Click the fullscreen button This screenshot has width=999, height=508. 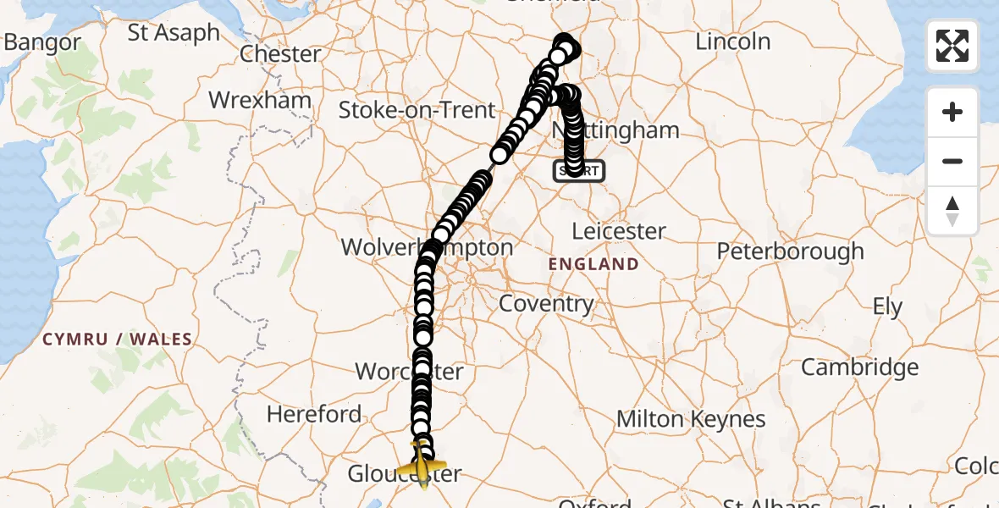(x=952, y=46)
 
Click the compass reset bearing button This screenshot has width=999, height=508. (x=952, y=211)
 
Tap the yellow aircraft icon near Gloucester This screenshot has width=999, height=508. (x=422, y=464)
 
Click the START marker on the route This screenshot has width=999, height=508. (x=579, y=171)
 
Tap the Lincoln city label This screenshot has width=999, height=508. (x=732, y=41)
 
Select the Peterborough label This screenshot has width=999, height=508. (x=790, y=251)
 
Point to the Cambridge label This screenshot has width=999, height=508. (x=859, y=367)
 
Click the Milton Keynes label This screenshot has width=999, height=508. (x=691, y=419)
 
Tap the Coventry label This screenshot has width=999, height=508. (x=546, y=303)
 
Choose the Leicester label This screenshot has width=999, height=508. (x=619, y=231)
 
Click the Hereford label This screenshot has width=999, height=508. (x=314, y=414)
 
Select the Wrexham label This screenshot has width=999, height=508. (x=260, y=100)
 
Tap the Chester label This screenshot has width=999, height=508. (x=280, y=54)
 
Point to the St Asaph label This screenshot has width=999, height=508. (x=174, y=34)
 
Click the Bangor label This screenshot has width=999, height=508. (x=42, y=42)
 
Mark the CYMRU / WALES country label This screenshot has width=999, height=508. (x=118, y=340)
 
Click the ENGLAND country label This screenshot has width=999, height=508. (x=593, y=264)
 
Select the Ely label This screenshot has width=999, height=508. (x=887, y=306)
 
